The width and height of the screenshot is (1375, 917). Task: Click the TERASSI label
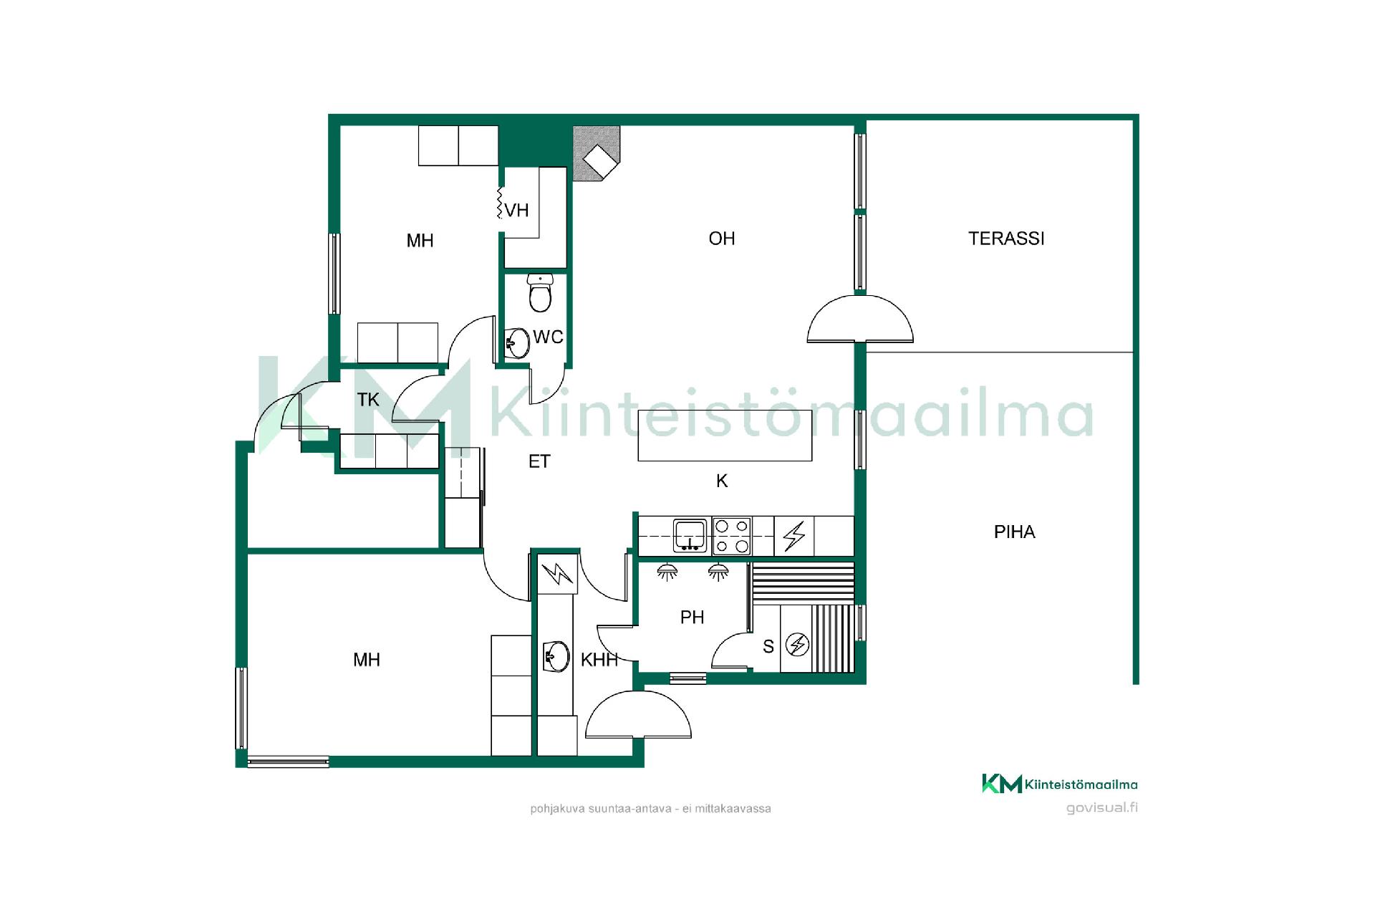(1006, 239)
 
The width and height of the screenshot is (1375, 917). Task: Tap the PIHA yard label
(1014, 532)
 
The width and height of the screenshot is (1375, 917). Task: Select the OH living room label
(721, 239)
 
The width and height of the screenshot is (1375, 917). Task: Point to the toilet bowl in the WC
(540, 293)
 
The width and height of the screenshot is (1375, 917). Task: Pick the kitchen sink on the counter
(690, 535)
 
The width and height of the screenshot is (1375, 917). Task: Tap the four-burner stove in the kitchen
(732, 536)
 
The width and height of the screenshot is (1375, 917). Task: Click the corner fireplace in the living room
(596, 154)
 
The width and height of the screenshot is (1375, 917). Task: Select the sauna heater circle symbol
(797, 645)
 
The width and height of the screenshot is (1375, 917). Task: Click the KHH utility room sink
(556, 656)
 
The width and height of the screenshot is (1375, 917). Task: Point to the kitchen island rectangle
(725, 435)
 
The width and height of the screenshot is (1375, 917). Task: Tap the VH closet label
(516, 211)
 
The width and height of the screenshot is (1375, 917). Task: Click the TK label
(368, 399)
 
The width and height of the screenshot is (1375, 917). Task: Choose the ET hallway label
(539, 461)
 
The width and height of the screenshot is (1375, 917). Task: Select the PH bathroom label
(692, 617)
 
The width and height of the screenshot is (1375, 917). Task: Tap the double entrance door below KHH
(638, 714)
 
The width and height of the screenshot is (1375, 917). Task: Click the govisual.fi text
(1101, 808)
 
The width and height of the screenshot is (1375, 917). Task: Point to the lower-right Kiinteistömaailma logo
(1059, 784)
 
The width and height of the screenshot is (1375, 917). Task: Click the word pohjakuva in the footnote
(557, 809)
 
